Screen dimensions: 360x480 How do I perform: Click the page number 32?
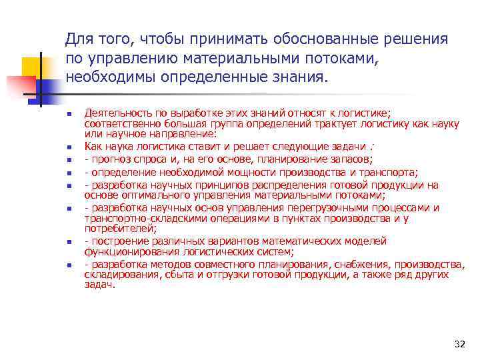click(459, 344)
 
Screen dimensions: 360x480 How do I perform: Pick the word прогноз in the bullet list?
click(109, 159)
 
